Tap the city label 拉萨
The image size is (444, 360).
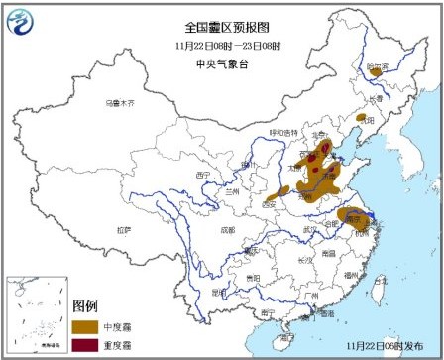[123, 230]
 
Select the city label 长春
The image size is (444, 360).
[375, 99]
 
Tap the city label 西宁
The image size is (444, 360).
[205, 175]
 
